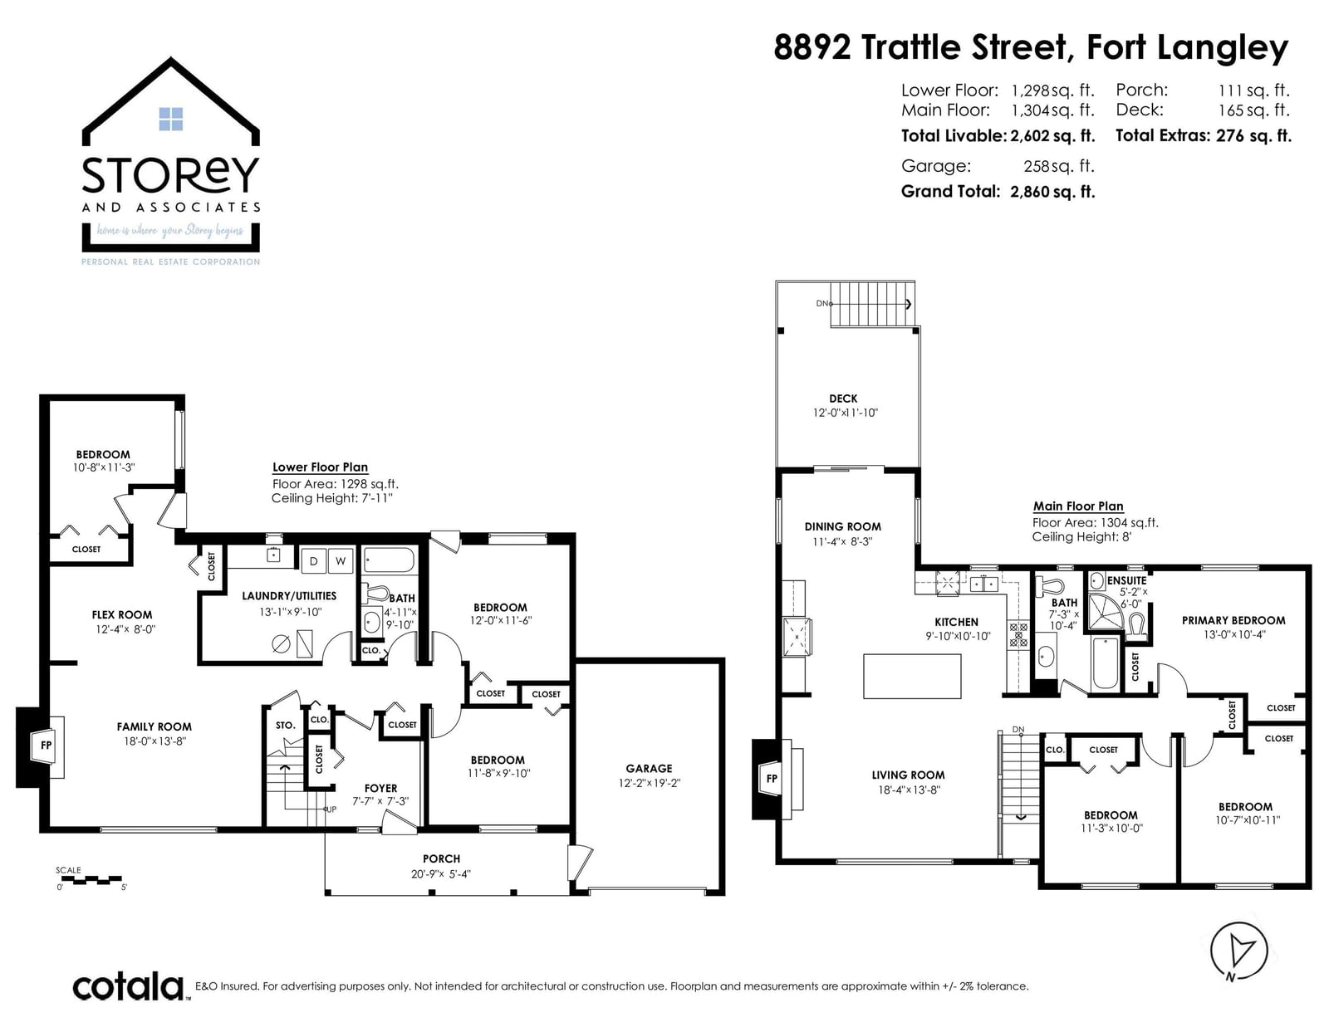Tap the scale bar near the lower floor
pyautogui.click(x=91, y=880)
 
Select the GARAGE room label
pyautogui.click(x=648, y=769)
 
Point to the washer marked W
pyautogui.click(x=341, y=561)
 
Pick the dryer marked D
pyautogui.click(x=314, y=561)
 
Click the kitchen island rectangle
pyautogui.click(x=912, y=676)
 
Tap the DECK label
pyautogui.click(x=843, y=399)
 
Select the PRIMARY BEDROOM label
pyautogui.click(x=1233, y=620)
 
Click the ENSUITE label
pyautogui.click(x=1126, y=580)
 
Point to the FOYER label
pyautogui.click(x=380, y=789)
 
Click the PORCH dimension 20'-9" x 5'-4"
pyautogui.click(x=441, y=874)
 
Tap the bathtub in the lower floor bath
pyautogui.click(x=389, y=560)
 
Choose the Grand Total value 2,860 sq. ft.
pyautogui.click(x=1052, y=192)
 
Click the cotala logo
pyautogui.click(x=129, y=986)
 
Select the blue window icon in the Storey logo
pyautogui.click(x=170, y=120)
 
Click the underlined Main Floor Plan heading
pyautogui.click(x=1077, y=506)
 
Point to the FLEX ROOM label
pyautogui.click(x=122, y=615)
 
